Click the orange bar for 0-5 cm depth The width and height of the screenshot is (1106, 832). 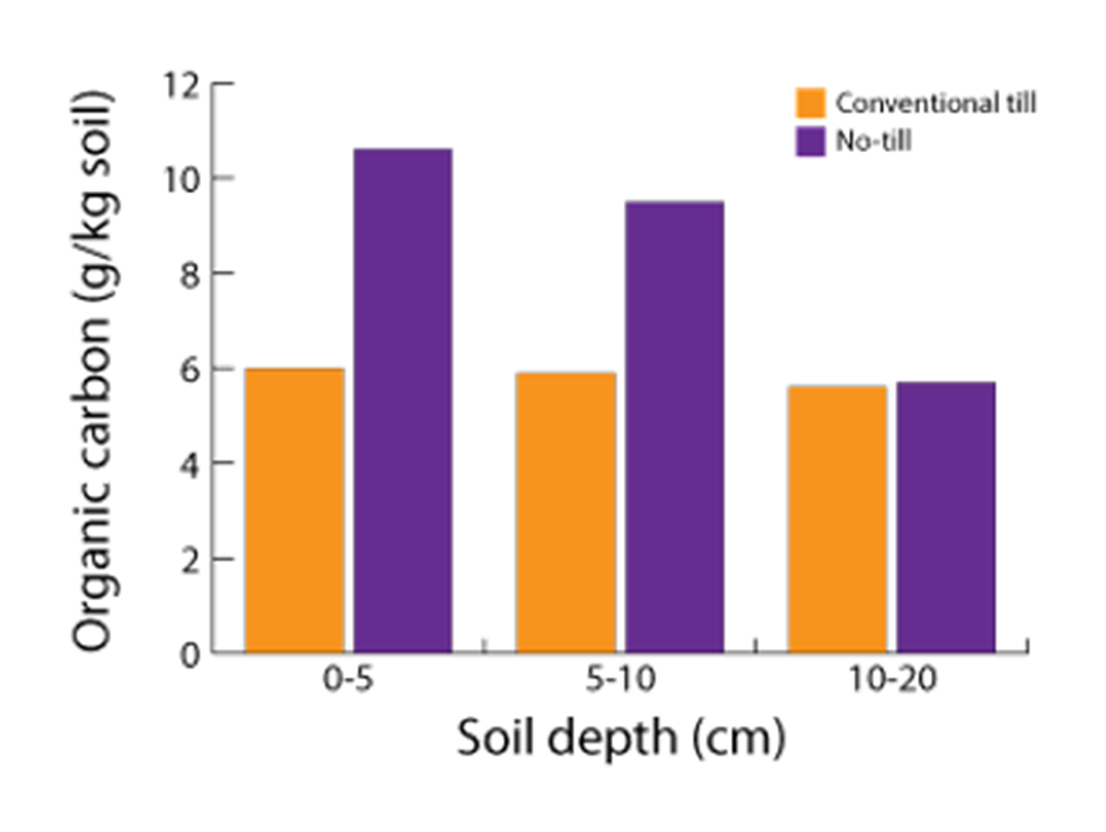pyautogui.click(x=294, y=510)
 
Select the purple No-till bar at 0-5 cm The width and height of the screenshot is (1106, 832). pyautogui.click(x=403, y=401)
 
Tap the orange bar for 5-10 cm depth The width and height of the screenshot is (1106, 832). pyautogui.click(x=565, y=512)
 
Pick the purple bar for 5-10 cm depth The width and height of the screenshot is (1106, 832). pyautogui.click(x=675, y=428)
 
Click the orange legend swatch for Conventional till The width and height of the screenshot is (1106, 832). pyautogui.click(x=811, y=103)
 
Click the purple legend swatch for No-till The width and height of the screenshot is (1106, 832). pyautogui.click(x=811, y=142)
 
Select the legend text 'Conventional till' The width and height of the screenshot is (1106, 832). pyautogui.click(x=935, y=103)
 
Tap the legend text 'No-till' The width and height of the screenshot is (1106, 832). pyautogui.click(x=873, y=142)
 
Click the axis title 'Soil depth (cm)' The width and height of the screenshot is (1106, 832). pyautogui.click(x=621, y=739)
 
